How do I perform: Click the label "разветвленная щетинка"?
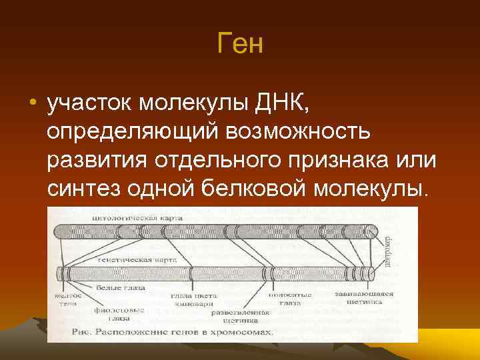tap(241, 316)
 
